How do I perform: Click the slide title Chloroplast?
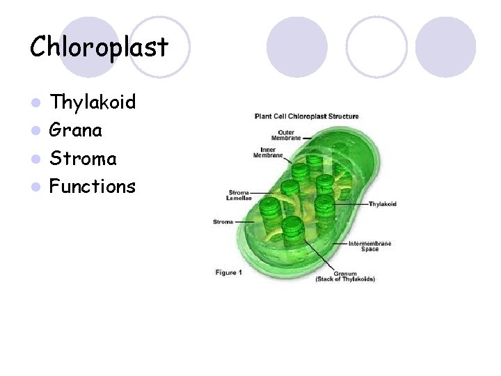99,47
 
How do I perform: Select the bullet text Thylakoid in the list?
93,103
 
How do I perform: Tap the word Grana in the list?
77,131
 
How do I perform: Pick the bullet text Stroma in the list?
83,159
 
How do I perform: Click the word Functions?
93,187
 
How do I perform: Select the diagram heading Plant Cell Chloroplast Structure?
306,116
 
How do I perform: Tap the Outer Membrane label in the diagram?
289,134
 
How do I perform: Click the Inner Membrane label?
271,152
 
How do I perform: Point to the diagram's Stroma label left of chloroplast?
223,222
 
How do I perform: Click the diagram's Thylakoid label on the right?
383,204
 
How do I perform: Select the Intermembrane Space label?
369,246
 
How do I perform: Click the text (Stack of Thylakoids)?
345,279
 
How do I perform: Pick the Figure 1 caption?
228,272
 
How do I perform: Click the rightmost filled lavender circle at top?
445,47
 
